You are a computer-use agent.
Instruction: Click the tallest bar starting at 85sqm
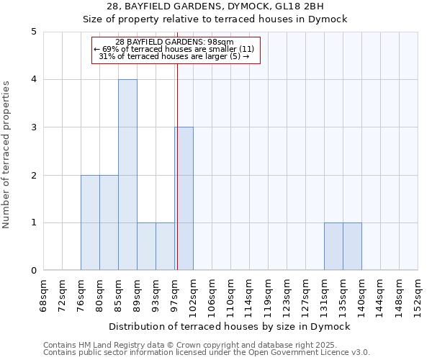[x=127, y=175]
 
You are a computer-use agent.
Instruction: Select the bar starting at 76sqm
[x=90, y=222]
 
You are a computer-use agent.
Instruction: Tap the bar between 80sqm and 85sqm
[x=109, y=222]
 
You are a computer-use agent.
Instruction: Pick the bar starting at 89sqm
[x=146, y=246]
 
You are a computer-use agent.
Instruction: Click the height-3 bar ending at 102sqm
[x=184, y=199]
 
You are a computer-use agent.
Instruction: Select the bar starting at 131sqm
[x=333, y=246]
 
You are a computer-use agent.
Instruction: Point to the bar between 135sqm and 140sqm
[x=352, y=246]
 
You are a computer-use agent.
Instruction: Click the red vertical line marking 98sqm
[x=177, y=166]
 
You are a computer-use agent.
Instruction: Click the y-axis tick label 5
[x=34, y=32]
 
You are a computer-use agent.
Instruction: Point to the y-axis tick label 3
[x=34, y=127]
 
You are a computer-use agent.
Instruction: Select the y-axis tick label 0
[x=34, y=271]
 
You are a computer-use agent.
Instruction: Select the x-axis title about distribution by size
[x=230, y=326]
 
